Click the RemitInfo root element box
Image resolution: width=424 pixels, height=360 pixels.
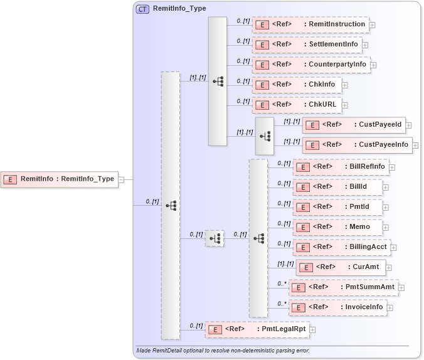tap(59, 179)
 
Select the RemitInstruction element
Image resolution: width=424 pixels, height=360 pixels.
tap(310, 24)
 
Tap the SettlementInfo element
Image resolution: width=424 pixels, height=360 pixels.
tap(307, 45)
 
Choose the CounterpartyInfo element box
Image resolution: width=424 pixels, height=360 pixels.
tap(310, 65)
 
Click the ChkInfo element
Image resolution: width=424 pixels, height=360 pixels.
tap(297, 84)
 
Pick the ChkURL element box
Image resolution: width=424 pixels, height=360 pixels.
tap(297, 105)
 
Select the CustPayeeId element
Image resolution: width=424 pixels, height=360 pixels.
tap(354, 125)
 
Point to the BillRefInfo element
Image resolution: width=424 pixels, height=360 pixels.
tap(341, 167)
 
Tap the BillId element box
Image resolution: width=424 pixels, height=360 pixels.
tap(337, 187)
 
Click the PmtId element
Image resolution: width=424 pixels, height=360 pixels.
tap(337, 207)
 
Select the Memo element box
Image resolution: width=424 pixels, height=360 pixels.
tap(337, 227)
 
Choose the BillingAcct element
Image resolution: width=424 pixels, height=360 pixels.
tap(341, 247)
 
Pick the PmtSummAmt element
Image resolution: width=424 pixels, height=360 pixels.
tap(343, 287)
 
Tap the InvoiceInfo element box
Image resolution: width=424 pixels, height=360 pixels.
tap(339, 307)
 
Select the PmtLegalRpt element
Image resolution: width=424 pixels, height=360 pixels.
tap(257, 329)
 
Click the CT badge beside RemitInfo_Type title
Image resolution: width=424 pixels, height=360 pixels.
tap(142, 9)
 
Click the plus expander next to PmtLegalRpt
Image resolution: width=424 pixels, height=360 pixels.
tap(312, 329)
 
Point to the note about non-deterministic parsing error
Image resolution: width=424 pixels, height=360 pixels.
tap(223, 351)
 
